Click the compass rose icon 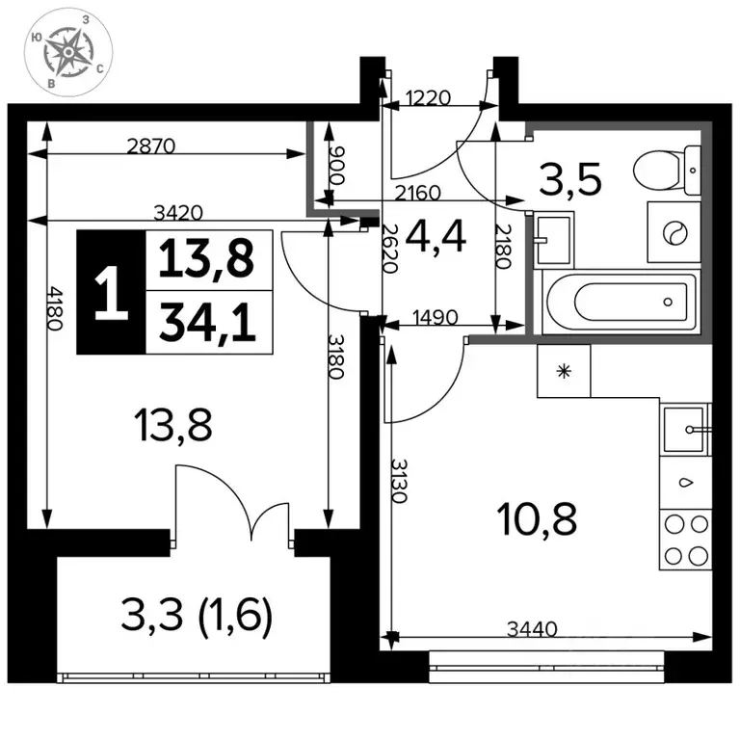point(68,53)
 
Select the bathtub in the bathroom point(621,302)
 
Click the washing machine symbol point(674,232)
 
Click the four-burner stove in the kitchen point(686,540)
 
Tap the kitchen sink point(686,430)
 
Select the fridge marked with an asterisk point(564,371)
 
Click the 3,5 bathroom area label point(570,179)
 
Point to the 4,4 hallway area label point(436,237)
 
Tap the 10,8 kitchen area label point(537,519)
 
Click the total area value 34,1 point(208,322)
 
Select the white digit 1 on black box point(112,293)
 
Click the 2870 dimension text point(151,145)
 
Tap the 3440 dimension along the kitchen point(532,628)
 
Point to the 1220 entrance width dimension point(428,98)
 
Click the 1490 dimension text point(436,317)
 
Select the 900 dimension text point(338,166)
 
